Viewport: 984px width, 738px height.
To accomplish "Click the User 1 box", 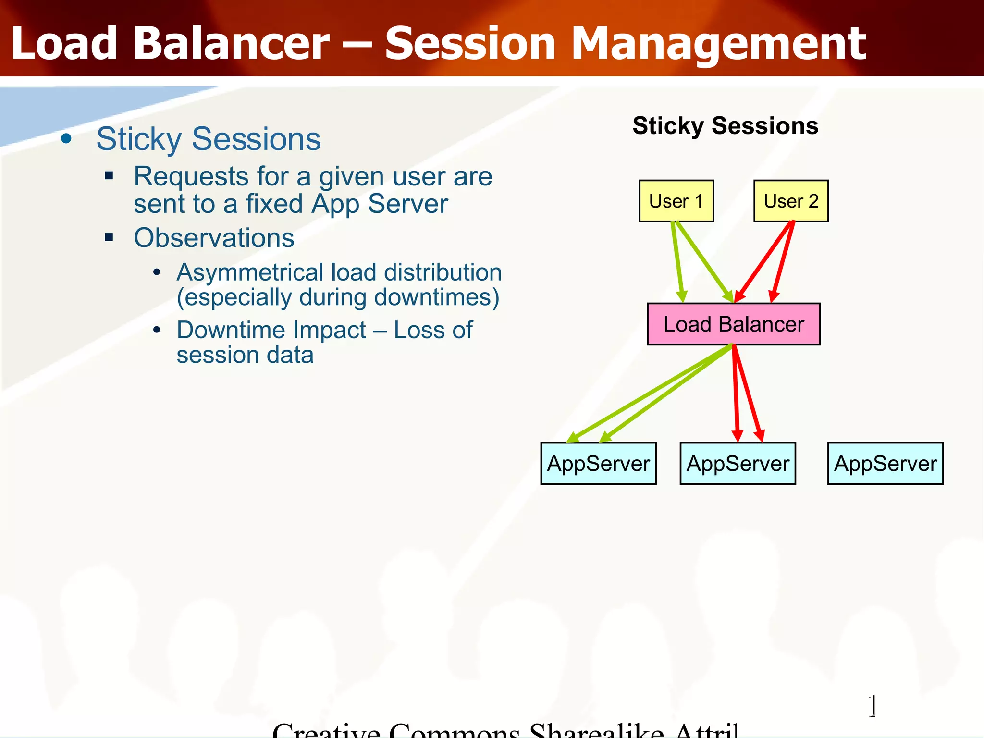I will [676, 201].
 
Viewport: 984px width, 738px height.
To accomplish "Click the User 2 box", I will [791, 201].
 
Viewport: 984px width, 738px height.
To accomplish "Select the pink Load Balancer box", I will [733, 324].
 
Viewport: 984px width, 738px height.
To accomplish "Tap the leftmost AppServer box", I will [598, 463].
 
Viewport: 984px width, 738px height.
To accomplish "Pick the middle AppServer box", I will [738, 463].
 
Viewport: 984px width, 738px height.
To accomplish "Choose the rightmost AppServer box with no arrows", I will [885, 463].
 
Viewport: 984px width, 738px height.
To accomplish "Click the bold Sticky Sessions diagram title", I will [725, 126].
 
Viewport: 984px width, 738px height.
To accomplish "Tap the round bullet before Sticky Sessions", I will [66, 139].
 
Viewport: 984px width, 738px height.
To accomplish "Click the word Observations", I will [214, 238].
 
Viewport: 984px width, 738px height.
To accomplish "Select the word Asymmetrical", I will [250, 272].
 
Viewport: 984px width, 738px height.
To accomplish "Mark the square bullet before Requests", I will [109, 176].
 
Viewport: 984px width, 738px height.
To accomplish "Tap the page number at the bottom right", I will [873, 706].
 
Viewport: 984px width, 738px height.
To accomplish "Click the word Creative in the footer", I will [327, 730].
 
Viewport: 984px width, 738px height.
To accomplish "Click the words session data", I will [245, 355].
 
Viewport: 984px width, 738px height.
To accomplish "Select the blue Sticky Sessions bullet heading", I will [208, 139].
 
